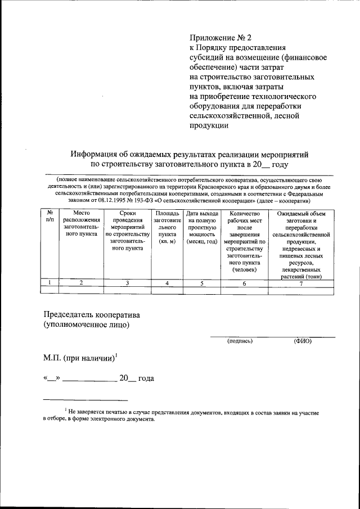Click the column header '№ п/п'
coord(50,218)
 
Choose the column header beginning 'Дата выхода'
coord(202,227)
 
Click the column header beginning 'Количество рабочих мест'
coord(244,242)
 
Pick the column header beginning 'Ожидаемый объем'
coord(301,245)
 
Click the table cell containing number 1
coord(50,283)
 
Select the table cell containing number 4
coord(168,283)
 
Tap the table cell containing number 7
coord(301,283)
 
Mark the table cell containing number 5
coord(202,283)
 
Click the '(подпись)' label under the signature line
coord(240,341)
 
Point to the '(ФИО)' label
coord(303,341)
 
